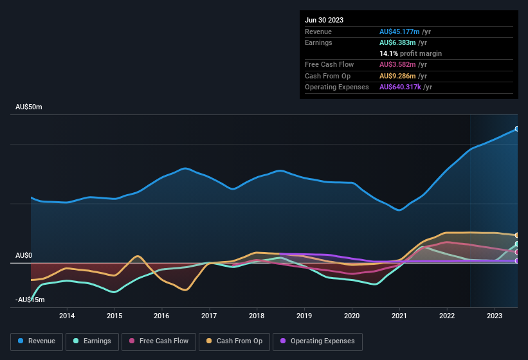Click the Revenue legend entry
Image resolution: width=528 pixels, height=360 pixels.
point(36,341)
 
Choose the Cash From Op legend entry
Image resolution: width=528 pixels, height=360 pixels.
point(233,341)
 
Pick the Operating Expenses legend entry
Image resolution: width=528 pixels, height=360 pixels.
point(317,341)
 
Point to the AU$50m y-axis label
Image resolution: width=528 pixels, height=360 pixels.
point(29,107)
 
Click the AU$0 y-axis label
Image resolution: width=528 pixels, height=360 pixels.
point(24,256)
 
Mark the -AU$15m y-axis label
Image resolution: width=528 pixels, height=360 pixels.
point(30,300)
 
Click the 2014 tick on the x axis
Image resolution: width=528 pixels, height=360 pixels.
point(67,316)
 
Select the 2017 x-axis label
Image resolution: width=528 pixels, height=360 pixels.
point(209,316)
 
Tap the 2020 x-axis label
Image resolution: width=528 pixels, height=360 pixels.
point(352,316)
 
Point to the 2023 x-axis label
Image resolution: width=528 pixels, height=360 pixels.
point(495,316)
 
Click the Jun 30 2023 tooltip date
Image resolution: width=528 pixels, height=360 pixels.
point(324,20)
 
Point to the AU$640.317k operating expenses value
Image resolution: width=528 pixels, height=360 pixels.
point(405,87)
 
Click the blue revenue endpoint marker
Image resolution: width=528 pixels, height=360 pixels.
point(517,129)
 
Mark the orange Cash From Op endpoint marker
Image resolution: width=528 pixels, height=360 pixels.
point(517,235)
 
